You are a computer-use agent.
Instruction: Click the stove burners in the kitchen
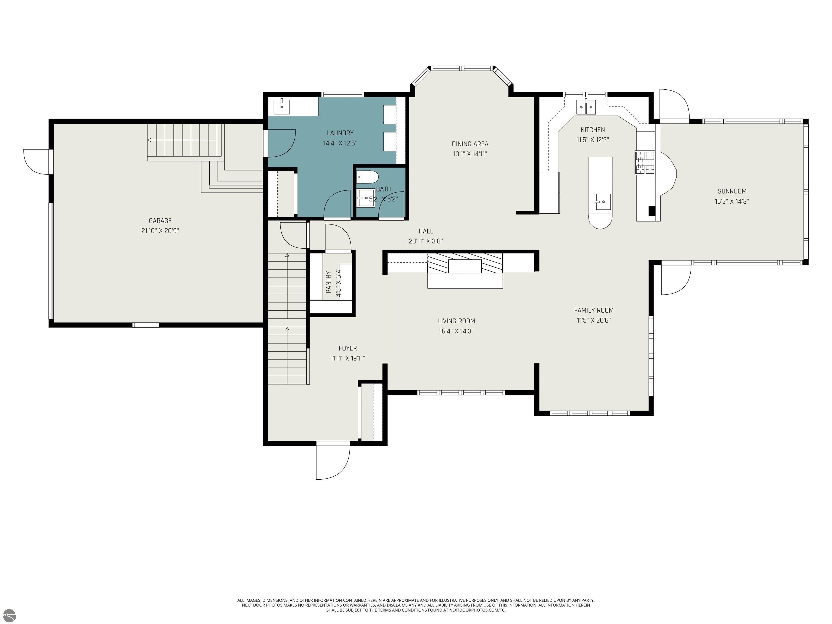coord(645,162)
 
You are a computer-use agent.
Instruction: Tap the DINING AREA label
coord(470,144)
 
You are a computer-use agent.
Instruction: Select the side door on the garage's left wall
coord(37,162)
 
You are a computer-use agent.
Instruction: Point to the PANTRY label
coord(328,282)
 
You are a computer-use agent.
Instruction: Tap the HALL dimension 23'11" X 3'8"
coord(426,241)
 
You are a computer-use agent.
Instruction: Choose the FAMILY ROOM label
coord(594,310)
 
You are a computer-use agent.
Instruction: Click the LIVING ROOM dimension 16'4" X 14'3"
coord(456,331)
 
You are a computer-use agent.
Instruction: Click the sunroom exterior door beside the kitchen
coord(674,105)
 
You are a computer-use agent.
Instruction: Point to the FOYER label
coord(347,348)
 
